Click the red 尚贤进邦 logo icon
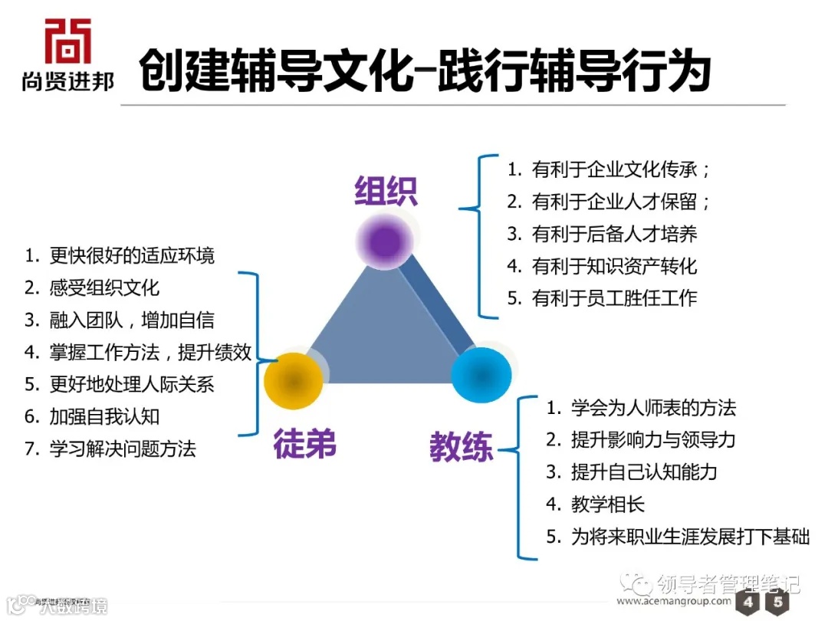tap(67, 41)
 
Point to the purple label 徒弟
tap(305, 444)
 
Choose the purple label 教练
tap(461, 446)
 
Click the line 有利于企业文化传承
tap(609, 169)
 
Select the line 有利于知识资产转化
tap(603, 266)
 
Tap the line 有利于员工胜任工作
tap(603, 298)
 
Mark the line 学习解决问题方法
tap(110, 449)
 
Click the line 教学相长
tap(596, 504)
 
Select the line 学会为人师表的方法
tap(641, 407)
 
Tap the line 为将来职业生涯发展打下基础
tap(678, 536)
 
